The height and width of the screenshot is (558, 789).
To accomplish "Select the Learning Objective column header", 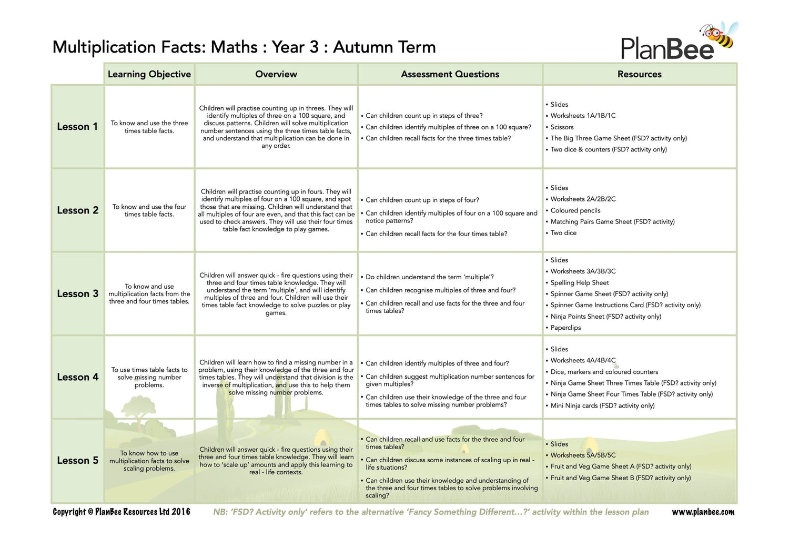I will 149,74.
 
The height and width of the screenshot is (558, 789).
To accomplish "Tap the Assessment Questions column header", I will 450,74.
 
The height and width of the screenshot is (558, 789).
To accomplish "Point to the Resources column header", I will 639,74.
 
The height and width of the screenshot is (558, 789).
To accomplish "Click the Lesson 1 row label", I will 77,127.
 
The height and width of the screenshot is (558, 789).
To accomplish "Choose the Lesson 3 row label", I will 77,294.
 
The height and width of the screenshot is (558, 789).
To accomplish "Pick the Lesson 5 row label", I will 77,461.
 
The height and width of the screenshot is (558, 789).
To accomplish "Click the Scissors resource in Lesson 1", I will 562,127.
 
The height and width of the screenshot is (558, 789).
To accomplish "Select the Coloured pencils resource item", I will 575,210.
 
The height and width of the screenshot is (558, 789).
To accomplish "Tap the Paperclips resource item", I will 565,328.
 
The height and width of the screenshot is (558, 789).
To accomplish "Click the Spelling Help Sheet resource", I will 579,283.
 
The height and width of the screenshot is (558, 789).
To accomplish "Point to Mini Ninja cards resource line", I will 602,405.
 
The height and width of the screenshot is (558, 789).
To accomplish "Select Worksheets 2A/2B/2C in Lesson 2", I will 583,199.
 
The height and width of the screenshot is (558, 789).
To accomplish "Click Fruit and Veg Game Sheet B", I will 620,478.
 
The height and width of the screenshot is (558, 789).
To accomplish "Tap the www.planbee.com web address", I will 703,512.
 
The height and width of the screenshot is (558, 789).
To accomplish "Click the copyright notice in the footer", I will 122,512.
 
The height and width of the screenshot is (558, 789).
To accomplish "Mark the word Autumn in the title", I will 357,47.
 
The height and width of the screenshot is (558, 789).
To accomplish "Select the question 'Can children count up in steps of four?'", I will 422,200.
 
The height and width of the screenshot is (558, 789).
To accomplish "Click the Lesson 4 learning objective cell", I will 149,378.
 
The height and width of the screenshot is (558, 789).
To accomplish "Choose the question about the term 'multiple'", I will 429,277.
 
